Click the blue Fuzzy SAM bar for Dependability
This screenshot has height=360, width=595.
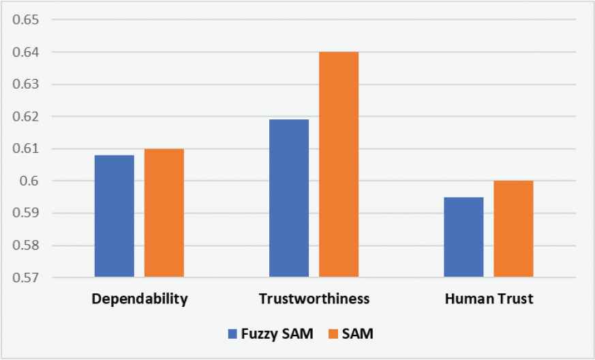(x=115, y=216)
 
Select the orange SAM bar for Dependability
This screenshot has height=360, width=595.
(x=164, y=213)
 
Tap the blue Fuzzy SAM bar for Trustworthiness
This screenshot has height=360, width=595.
(x=289, y=198)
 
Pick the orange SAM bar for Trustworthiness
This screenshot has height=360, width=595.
(x=339, y=164)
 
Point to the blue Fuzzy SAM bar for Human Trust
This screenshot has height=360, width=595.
(x=463, y=237)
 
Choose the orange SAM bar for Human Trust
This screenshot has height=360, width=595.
(x=513, y=229)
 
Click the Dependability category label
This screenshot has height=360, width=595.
(x=139, y=299)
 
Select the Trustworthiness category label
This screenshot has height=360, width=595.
(x=314, y=299)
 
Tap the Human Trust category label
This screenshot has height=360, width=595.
(x=488, y=299)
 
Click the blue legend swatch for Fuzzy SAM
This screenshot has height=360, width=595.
(x=232, y=334)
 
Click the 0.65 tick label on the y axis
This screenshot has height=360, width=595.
(x=25, y=20)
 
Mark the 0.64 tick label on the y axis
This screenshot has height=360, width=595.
(x=25, y=52)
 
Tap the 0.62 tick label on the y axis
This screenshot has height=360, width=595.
(x=25, y=117)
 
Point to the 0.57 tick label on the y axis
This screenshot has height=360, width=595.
(x=25, y=278)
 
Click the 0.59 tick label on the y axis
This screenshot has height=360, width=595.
(x=25, y=213)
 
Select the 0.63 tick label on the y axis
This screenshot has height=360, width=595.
(x=25, y=85)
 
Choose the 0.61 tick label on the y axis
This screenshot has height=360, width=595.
(x=25, y=149)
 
